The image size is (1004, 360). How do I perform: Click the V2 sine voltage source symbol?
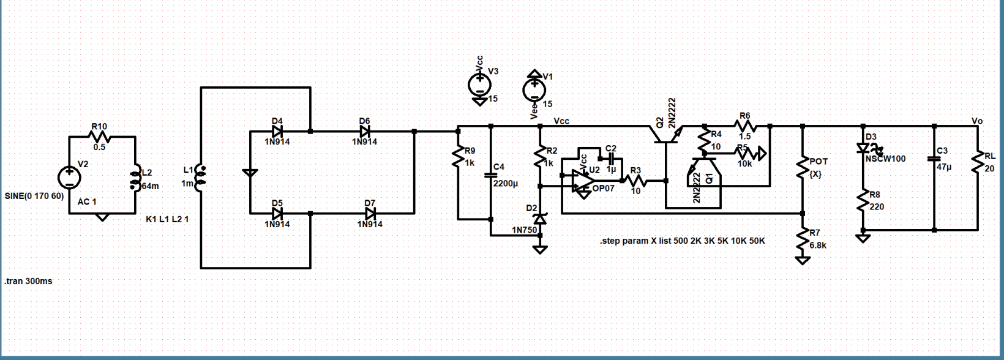click(x=69, y=178)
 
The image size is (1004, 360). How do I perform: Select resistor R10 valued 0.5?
click(x=99, y=137)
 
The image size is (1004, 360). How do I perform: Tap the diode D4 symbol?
click(x=277, y=131)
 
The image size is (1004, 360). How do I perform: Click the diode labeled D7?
click(x=370, y=213)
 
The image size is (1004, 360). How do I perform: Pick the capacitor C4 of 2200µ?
click(x=490, y=175)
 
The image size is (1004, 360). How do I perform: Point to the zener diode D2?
click(x=539, y=219)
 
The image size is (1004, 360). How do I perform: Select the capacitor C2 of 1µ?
click(x=610, y=159)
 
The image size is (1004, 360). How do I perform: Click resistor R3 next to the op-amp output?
click(x=636, y=181)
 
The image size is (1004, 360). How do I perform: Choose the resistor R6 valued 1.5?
click(x=744, y=126)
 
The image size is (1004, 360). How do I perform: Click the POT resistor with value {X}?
click(x=802, y=167)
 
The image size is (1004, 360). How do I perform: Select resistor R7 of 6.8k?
click(x=802, y=239)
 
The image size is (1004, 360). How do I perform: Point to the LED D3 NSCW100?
click(x=863, y=148)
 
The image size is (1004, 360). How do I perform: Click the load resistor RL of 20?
click(x=977, y=162)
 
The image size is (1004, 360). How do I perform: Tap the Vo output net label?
click(x=977, y=121)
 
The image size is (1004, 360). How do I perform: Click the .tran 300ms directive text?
click(x=28, y=282)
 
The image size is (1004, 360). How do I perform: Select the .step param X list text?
click(x=682, y=241)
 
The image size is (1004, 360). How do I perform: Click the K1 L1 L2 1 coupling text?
click(x=167, y=219)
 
